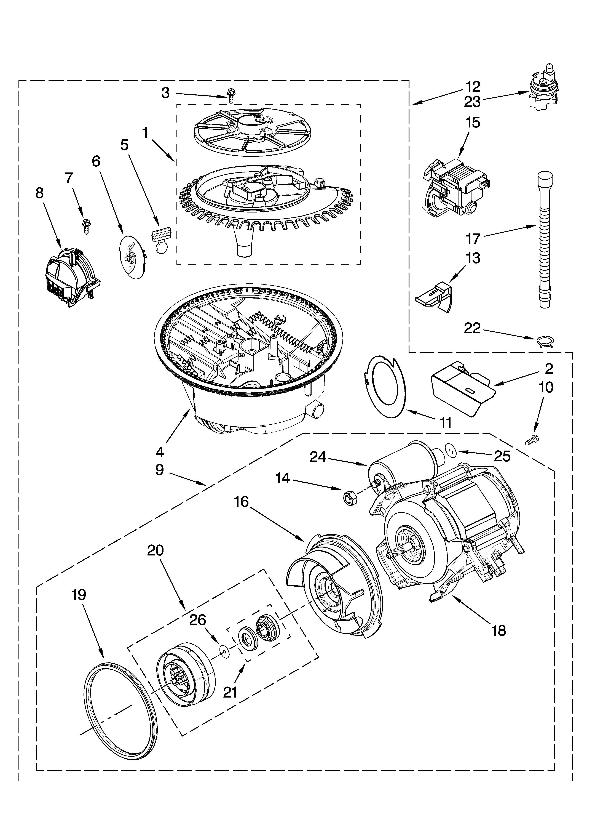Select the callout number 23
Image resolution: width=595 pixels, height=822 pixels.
pos(472,102)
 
